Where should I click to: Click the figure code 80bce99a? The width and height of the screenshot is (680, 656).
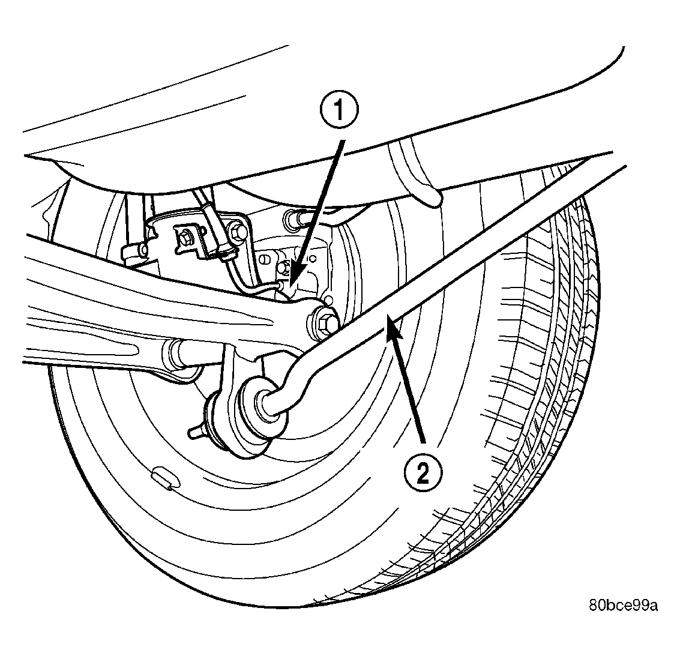point(623,605)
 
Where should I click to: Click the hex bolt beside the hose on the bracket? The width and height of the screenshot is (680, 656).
point(237,230)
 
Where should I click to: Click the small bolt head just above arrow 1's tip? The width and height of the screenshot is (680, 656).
point(284,266)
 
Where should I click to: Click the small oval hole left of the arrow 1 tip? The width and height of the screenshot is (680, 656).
point(263,259)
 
